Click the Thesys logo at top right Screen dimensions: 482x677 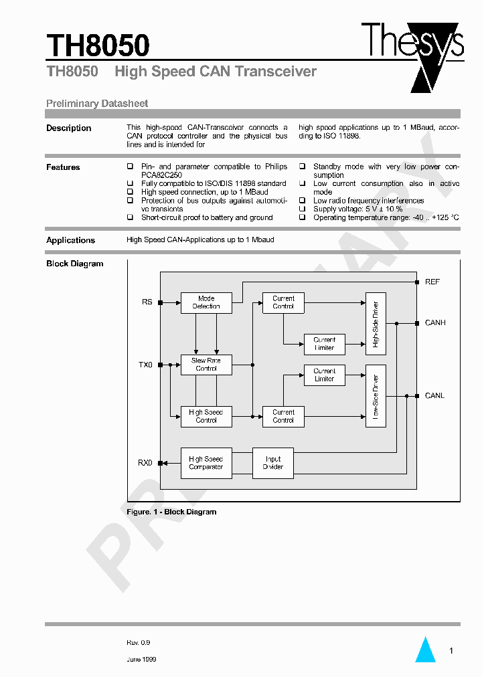click(x=412, y=47)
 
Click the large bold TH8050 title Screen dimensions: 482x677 click(x=98, y=45)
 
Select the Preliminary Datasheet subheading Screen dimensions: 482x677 click(x=97, y=104)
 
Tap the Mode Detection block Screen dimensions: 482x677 click(x=206, y=302)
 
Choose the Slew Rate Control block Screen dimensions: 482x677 click(x=206, y=365)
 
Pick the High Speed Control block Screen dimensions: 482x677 click(x=206, y=416)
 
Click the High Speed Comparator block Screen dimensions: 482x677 click(x=206, y=463)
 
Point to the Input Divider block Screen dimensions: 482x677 click(x=273, y=463)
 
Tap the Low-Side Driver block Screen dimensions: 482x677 click(x=376, y=396)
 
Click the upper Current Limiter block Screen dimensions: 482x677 click(x=325, y=344)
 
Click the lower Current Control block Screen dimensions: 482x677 click(x=283, y=416)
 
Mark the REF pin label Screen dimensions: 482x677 click(x=432, y=282)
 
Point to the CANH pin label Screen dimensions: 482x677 click(x=435, y=323)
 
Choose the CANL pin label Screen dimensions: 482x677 click(x=434, y=396)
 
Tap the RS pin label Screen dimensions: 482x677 click(x=147, y=302)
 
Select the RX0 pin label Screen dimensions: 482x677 click(x=145, y=463)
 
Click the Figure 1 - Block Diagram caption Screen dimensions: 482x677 click(x=171, y=512)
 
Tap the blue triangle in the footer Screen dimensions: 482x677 click(x=425, y=650)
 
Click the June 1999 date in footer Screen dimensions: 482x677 click(x=141, y=659)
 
